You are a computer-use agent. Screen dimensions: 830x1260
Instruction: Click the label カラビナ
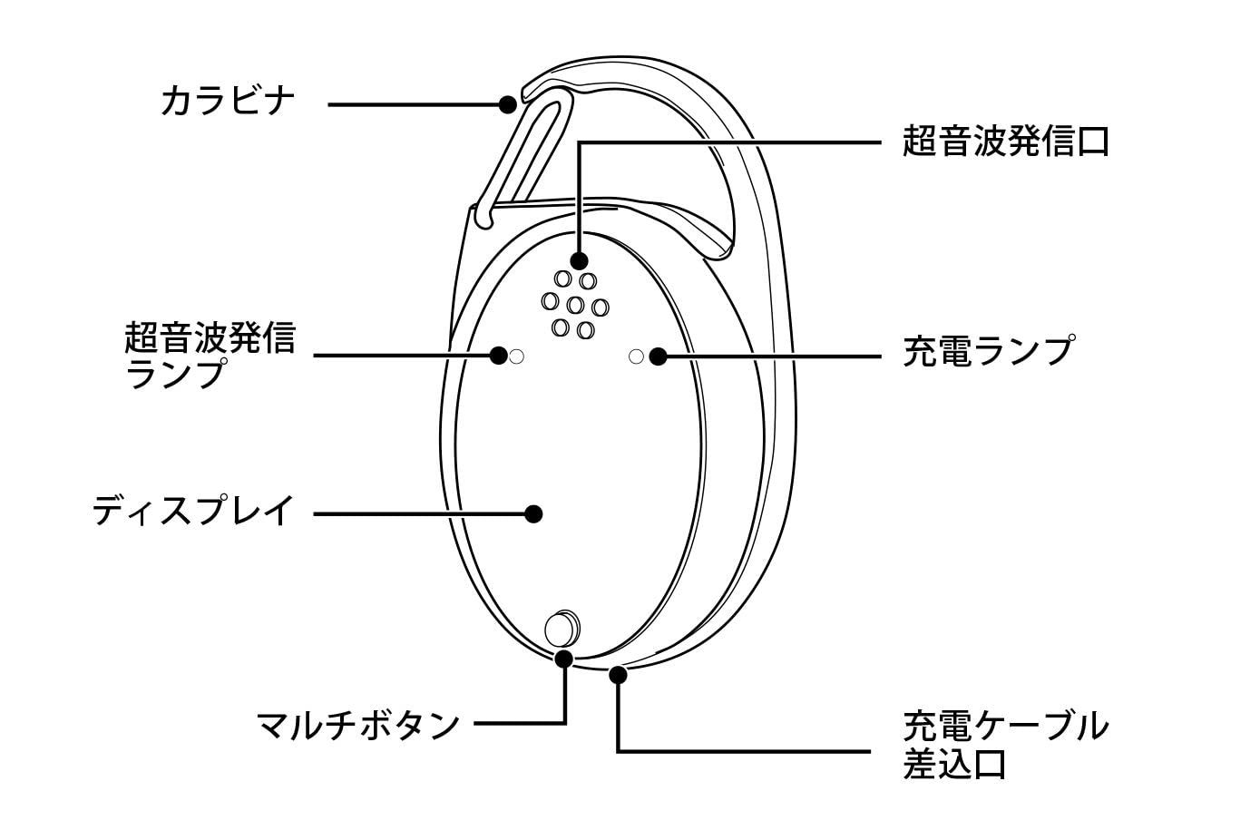pos(228,101)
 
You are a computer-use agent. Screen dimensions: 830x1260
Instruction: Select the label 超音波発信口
pos(1005,142)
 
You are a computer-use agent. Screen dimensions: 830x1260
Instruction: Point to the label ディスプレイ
pos(193,511)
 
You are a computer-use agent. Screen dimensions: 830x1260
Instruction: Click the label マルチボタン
pos(358,725)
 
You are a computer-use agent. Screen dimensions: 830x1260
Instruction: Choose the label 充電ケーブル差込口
pos(1005,745)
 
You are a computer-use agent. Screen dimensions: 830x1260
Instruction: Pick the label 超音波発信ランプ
pos(210,355)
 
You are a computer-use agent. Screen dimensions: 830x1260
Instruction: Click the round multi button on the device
pos(562,626)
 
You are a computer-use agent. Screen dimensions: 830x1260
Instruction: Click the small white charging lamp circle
pos(636,356)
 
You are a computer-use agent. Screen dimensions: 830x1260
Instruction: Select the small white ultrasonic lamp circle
pos(517,356)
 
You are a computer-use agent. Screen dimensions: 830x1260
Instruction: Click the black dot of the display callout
pos(534,513)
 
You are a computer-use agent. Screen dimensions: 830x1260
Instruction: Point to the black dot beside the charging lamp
pos(658,356)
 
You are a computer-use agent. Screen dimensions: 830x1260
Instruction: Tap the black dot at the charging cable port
pos(619,674)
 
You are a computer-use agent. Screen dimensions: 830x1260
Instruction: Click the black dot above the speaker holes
pos(579,260)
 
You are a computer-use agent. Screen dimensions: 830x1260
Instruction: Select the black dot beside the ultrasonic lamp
pos(498,356)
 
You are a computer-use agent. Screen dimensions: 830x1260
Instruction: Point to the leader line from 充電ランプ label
pos(771,356)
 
